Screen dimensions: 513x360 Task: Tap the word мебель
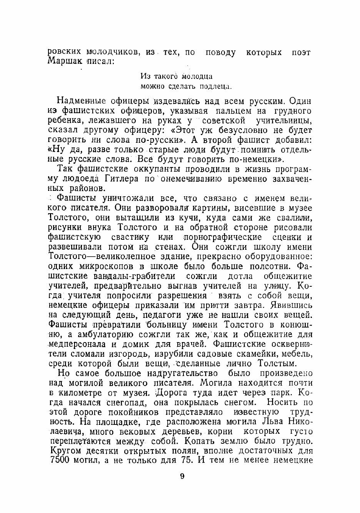tap(298, 353)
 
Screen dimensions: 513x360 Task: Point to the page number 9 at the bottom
tap(182, 476)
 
